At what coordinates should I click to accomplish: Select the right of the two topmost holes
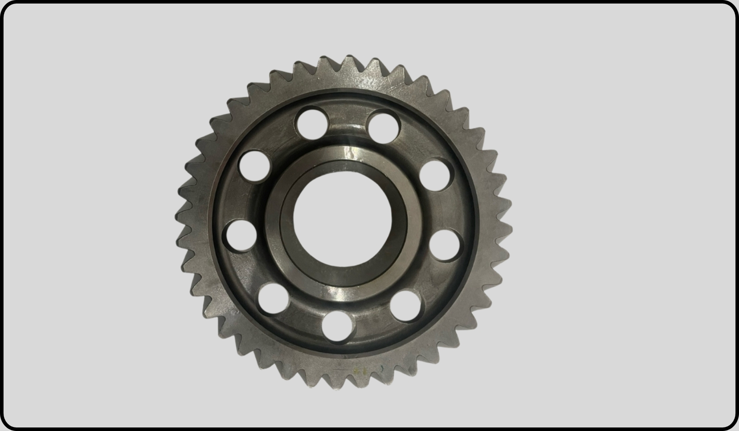coord(383,126)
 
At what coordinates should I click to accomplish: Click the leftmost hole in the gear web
coord(239,235)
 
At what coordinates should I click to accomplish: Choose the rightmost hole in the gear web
coord(444,245)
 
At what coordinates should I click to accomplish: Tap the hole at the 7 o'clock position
coord(273,299)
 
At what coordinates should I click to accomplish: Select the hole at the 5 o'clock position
coord(407,306)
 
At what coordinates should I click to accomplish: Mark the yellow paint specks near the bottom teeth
coord(358,370)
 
